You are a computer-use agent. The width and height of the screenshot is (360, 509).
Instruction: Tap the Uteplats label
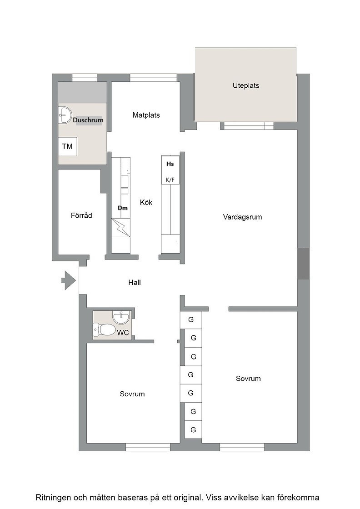pyautogui.click(x=246, y=86)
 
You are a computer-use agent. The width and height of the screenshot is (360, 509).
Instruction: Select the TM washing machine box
pyautogui.click(x=68, y=146)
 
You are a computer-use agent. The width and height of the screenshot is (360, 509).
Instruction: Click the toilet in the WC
pyautogui.click(x=104, y=329)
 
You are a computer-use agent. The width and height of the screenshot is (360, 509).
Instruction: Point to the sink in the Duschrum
pyautogui.click(x=65, y=115)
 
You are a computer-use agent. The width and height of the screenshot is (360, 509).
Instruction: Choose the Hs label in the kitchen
pyautogui.click(x=170, y=164)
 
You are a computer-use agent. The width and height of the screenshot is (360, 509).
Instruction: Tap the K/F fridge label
pyautogui.click(x=170, y=180)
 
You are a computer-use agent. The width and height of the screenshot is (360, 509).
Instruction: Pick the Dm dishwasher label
pyautogui.click(x=122, y=208)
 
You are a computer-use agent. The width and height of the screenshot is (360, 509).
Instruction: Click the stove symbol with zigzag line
pyautogui.click(x=121, y=228)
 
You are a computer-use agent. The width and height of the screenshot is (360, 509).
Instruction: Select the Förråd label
pyautogui.click(x=81, y=215)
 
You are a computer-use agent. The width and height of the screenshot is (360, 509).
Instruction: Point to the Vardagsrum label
pyautogui.click(x=242, y=217)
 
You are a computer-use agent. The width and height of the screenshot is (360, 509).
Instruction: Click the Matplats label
pyautogui.click(x=146, y=115)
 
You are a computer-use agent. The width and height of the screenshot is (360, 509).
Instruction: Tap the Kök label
pyautogui.click(x=146, y=202)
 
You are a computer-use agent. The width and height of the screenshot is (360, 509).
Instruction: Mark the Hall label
pyautogui.click(x=135, y=282)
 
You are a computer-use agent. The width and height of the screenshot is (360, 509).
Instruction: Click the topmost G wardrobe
pyautogui.click(x=191, y=320)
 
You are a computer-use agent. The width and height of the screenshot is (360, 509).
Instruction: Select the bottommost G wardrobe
pyautogui.click(x=193, y=430)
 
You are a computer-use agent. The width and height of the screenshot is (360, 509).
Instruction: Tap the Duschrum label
pyautogui.click(x=88, y=120)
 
